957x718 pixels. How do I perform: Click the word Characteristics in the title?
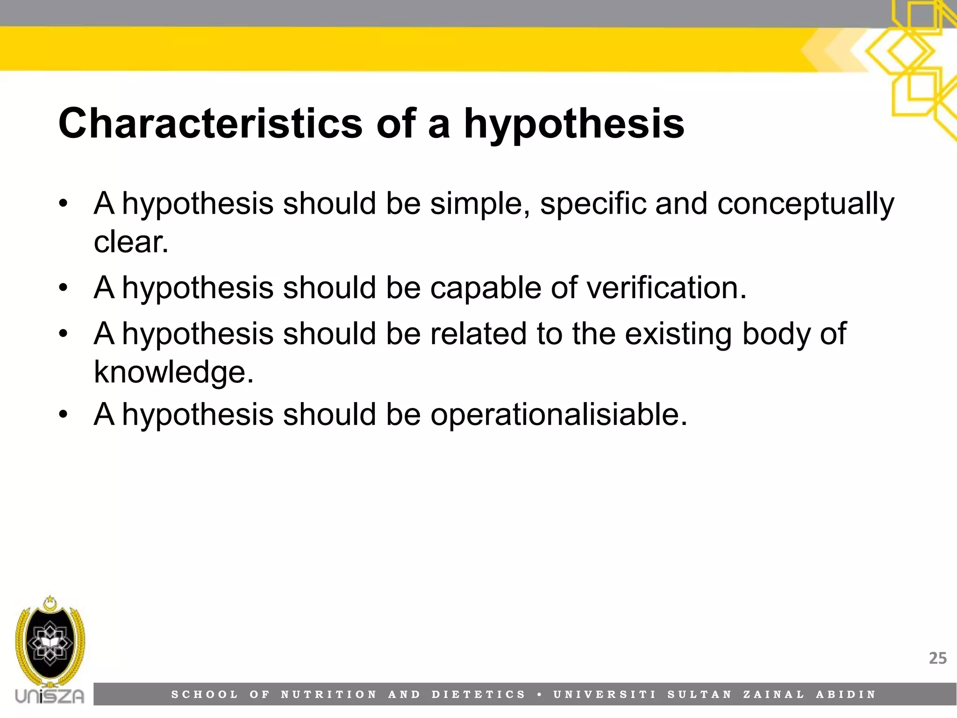point(210,123)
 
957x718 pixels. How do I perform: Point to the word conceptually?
point(806,204)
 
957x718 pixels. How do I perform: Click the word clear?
point(130,242)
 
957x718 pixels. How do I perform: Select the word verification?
point(666,287)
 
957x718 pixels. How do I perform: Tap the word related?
point(478,334)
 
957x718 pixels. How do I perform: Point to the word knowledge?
point(173,372)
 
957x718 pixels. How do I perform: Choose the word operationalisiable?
point(559,415)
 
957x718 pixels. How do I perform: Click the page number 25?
point(937,658)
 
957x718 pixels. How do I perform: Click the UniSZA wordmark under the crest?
point(50,696)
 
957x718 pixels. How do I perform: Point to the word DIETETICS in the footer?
point(479,695)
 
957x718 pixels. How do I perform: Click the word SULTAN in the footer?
point(700,695)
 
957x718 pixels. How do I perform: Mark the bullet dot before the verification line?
point(64,288)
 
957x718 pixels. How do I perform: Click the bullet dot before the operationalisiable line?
point(64,415)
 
